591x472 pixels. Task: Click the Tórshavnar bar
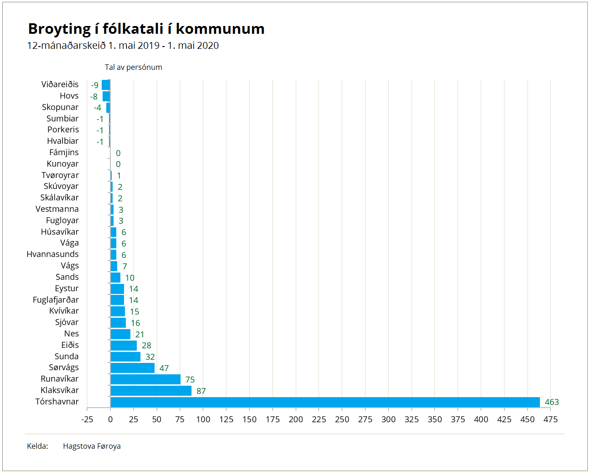325,402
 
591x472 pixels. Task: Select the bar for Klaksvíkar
151,391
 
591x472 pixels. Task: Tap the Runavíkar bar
145,379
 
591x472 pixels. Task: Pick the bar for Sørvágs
132,368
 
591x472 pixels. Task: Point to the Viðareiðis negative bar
106,84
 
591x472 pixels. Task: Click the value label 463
552,402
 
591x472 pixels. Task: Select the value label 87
201,391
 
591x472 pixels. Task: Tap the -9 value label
95,85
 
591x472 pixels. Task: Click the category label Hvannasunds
52,254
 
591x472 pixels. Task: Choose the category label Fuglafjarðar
56,299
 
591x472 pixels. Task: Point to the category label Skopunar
60,107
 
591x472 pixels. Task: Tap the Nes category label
72,334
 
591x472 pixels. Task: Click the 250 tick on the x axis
342,420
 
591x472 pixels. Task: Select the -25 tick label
88,420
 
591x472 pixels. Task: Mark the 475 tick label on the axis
550,420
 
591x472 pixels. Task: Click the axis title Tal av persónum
134,68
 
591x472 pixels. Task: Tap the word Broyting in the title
59,29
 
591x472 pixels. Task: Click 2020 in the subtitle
207,46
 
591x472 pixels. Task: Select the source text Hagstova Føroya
92,446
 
